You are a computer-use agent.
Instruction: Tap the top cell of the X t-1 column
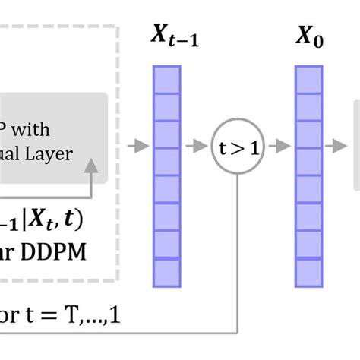tap(167, 79)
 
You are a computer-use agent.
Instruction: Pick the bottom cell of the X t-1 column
tap(167, 272)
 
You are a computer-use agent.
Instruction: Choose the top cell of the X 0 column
tap(308, 79)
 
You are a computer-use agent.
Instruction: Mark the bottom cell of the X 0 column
tap(308, 272)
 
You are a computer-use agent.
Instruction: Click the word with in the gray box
tap(34, 131)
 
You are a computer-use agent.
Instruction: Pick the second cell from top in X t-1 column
tap(167, 106)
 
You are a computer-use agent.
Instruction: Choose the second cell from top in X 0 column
tap(308, 106)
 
